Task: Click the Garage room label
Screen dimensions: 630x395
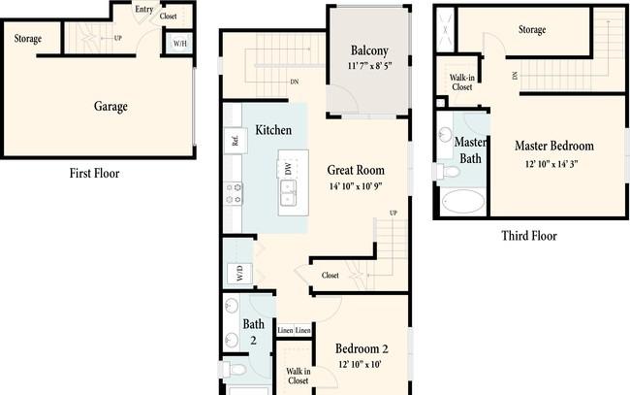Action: pos(110,106)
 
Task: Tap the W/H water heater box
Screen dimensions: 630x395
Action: pos(179,43)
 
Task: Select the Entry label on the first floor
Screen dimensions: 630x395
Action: pos(144,9)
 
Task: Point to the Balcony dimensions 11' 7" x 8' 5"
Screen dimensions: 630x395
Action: pos(369,66)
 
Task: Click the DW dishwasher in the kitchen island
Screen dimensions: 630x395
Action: pos(288,169)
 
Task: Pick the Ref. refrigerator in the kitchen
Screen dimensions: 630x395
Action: pos(236,141)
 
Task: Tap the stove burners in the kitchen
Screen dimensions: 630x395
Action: pos(234,193)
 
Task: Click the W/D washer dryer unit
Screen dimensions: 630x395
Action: pos(239,273)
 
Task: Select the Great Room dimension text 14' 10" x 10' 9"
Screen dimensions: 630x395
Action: pos(356,186)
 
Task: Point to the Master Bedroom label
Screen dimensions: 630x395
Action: pos(554,146)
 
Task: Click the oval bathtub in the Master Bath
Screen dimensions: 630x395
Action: pos(463,201)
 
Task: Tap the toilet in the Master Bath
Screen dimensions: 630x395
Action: pos(447,172)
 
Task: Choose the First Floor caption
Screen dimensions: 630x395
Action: pos(94,174)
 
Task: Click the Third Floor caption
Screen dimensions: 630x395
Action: pos(529,236)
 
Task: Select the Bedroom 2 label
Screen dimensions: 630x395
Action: pos(362,348)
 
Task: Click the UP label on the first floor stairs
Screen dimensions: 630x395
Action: pos(117,38)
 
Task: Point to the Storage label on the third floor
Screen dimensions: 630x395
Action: pos(532,30)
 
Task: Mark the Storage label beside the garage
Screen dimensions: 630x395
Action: pos(28,39)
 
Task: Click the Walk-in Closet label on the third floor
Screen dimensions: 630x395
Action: pos(462,82)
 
